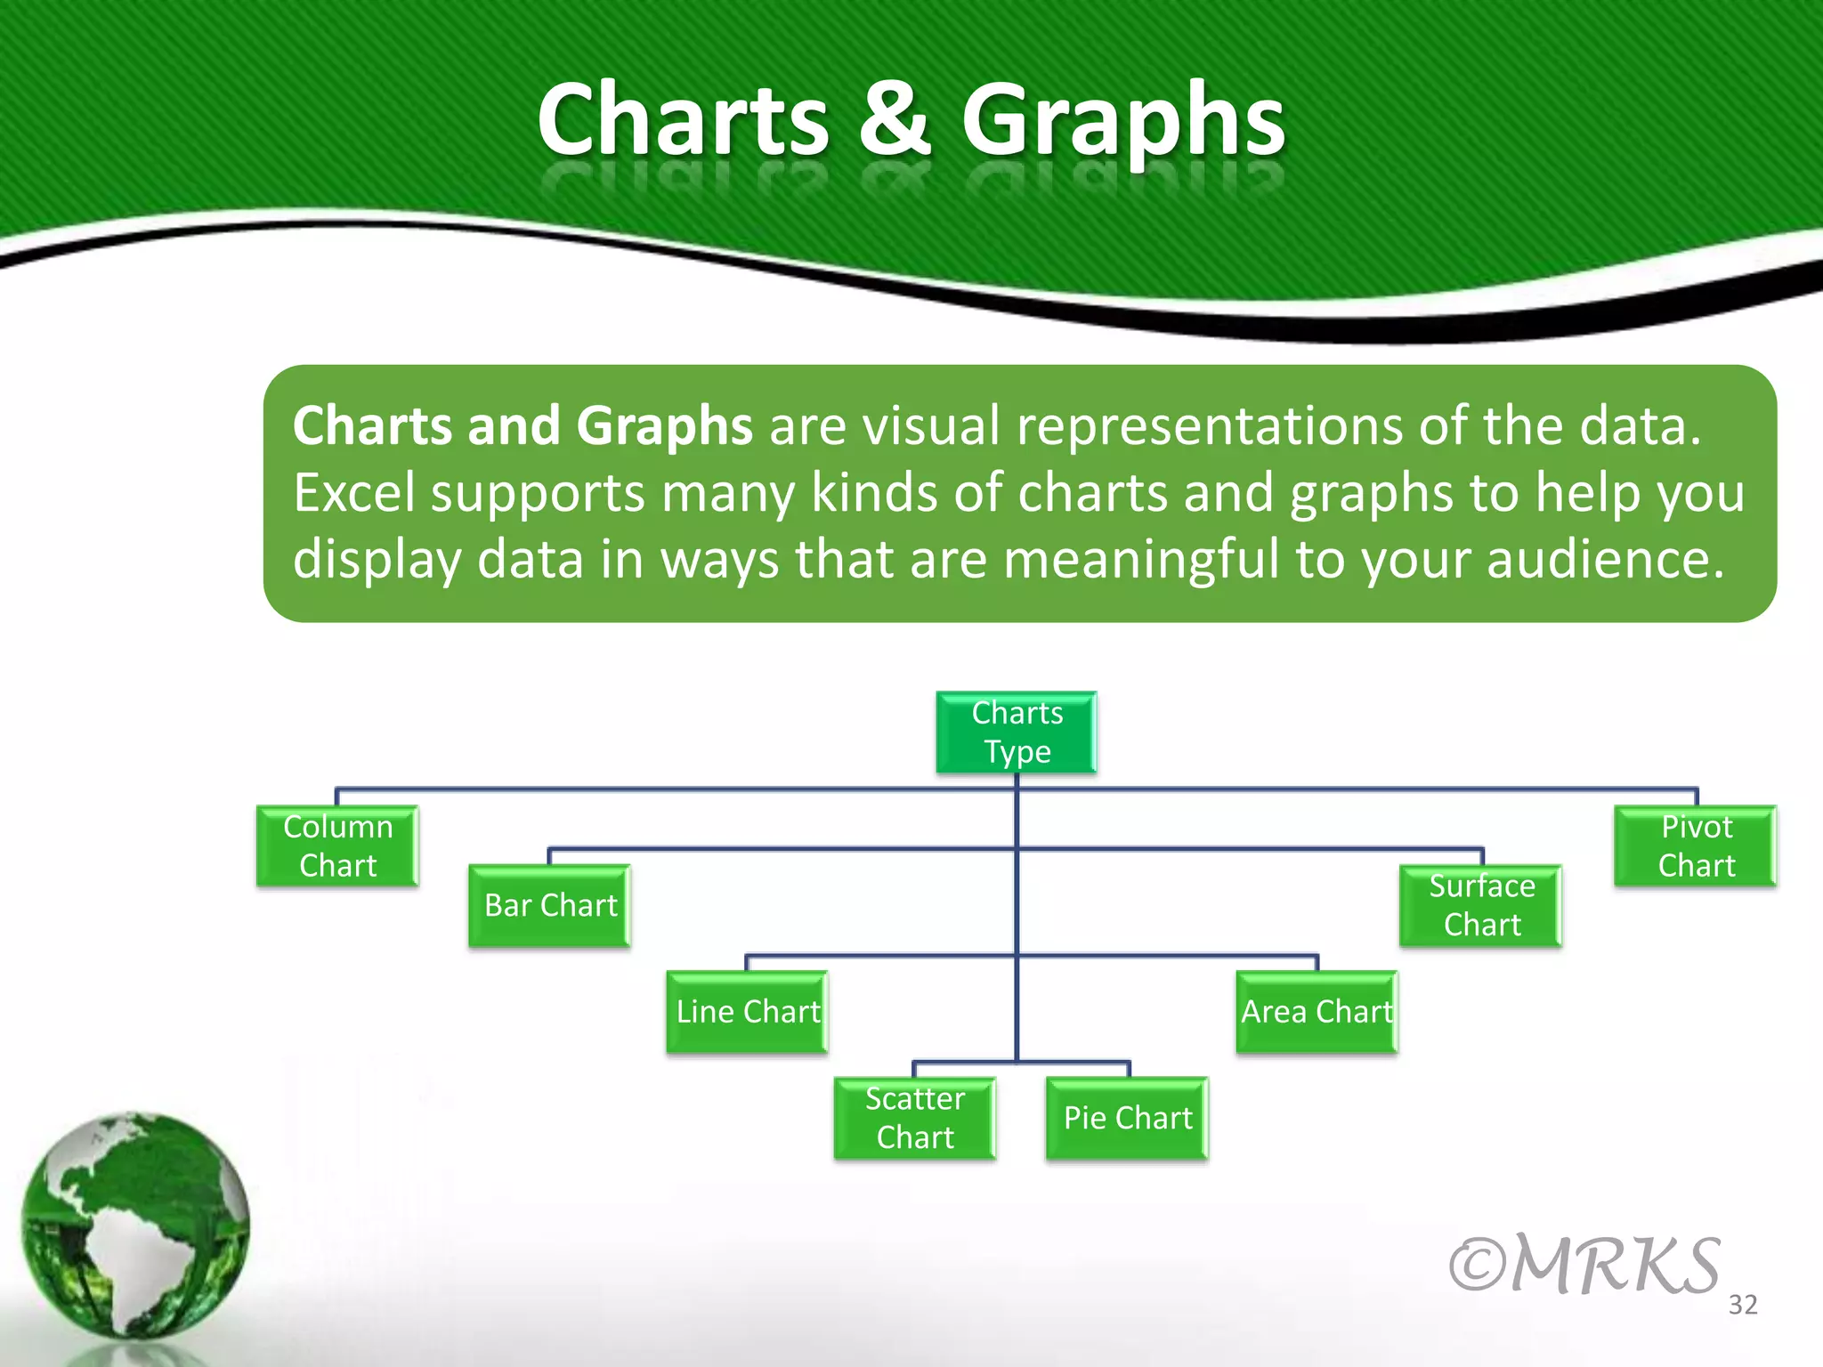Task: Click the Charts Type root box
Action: click(x=1016, y=732)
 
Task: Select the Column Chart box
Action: click(x=337, y=846)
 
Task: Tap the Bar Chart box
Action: click(x=550, y=905)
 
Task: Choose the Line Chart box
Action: click(x=747, y=1012)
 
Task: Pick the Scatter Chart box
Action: click(x=914, y=1118)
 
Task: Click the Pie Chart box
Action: click(x=1127, y=1118)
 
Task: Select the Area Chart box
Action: click(x=1317, y=1012)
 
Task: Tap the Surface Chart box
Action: click(x=1481, y=905)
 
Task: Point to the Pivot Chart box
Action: click(x=1696, y=846)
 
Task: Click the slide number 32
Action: click(x=1743, y=1305)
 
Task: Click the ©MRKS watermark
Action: click(x=1584, y=1264)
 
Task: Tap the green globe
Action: click(x=135, y=1225)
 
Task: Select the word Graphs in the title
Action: click(x=1123, y=120)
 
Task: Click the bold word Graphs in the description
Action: click(x=664, y=426)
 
